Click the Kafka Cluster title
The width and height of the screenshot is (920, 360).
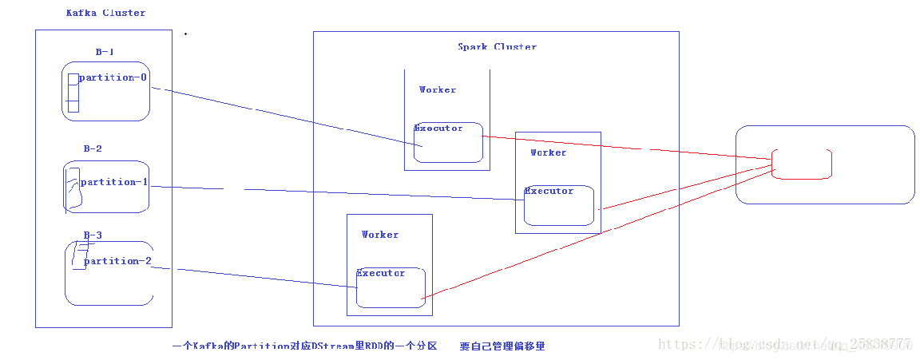click(x=105, y=13)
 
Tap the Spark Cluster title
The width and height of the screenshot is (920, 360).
click(x=497, y=46)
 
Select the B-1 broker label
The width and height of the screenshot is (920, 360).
click(x=105, y=52)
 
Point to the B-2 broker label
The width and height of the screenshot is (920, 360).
click(x=93, y=148)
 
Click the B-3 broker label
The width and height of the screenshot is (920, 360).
click(x=93, y=235)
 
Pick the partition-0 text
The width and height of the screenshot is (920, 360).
click(x=113, y=77)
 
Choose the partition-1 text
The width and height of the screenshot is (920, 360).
click(x=114, y=182)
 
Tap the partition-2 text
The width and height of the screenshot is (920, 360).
click(x=117, y=261)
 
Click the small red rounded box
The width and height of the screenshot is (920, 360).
click(x=802, y=164)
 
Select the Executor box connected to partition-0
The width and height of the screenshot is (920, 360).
click(x=448, y=143)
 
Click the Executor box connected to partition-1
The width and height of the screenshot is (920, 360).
click(x=559, y=206)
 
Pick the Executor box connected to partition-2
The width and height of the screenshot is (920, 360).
click(x=391, y=288)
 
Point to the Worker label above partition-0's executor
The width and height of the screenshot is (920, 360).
click(x=438, y=89)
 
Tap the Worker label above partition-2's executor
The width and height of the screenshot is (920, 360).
click(x=379, y=235)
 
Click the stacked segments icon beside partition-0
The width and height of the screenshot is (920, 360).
click(x=73, y=93)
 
